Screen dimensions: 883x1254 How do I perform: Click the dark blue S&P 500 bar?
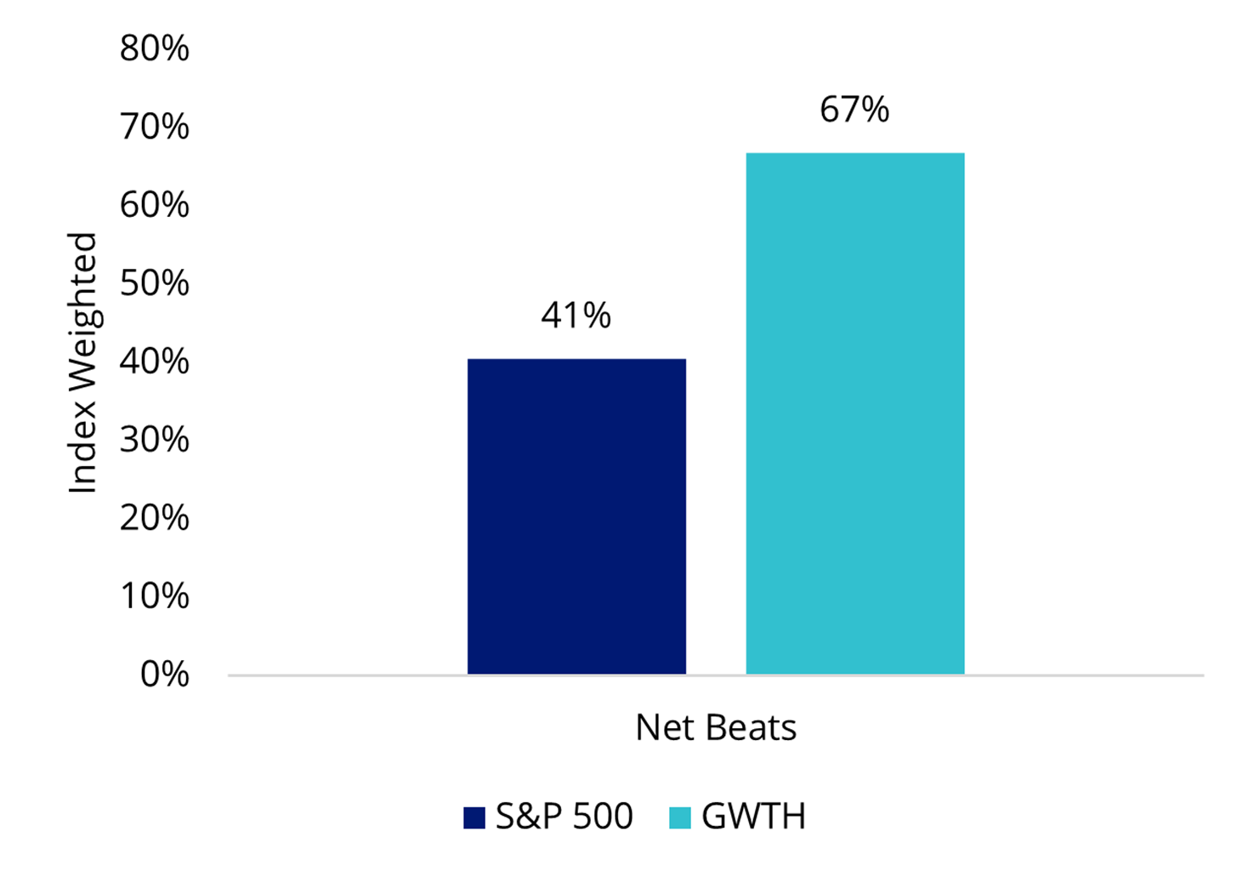point(576,516)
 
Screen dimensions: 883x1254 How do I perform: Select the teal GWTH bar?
point(854,413)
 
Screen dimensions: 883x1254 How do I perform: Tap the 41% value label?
point(576,316)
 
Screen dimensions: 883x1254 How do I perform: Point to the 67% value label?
point(854,110)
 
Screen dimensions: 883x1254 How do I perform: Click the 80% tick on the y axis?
point(154,48)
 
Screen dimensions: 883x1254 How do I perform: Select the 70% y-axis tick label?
point(154,127)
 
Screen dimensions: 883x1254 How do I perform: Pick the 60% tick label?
point(154,205)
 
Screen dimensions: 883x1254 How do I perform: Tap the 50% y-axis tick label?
point(154,283)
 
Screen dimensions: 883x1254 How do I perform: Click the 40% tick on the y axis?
point(154,362)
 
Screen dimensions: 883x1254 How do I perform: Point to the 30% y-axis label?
point(154,440)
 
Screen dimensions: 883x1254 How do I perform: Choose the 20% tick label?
point(154,518)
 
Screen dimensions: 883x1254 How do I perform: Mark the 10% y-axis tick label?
point(154,596)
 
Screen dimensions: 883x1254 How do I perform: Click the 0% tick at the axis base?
point(164,675)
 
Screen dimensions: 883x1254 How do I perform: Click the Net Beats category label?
point(716,728)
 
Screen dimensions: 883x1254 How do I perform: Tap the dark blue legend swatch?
point(474,817)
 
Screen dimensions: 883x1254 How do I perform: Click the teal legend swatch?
point(679,817)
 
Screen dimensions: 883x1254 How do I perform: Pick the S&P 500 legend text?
point(564,817)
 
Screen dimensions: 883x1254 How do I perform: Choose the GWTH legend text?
point(753,817)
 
